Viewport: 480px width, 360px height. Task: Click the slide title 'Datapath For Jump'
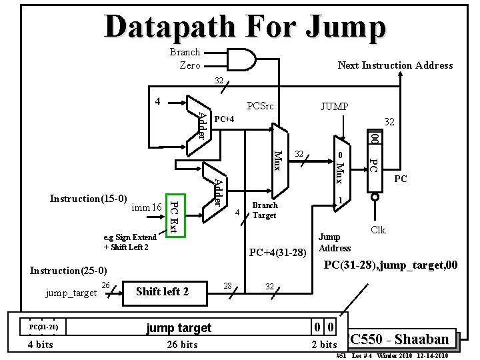(x=245, y=27)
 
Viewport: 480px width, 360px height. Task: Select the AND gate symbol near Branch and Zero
(x=241, y=58)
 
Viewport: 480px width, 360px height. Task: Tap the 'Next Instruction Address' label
(x=395, y=65)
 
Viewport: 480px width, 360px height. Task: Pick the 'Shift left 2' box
(x=162, y=291)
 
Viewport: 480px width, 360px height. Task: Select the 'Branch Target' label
(x=265, y=210)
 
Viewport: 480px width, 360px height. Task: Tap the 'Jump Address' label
(x=334, y=243)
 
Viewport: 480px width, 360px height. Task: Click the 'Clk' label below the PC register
(x=378, y=230)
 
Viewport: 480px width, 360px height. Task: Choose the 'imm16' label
(x=147, y=207)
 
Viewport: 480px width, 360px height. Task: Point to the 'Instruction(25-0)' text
(x=69, y=271)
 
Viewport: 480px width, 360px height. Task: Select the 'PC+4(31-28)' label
(x=277, y=252)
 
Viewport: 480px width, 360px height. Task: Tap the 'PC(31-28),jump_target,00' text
(x=390, y=266)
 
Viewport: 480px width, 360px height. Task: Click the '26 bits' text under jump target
(x=181, y=344)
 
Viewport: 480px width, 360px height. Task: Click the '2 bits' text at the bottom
(x=324, y=344)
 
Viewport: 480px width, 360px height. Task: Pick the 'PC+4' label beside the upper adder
(x=225, y=119)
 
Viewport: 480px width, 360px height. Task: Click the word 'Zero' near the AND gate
(x=190, y=65)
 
